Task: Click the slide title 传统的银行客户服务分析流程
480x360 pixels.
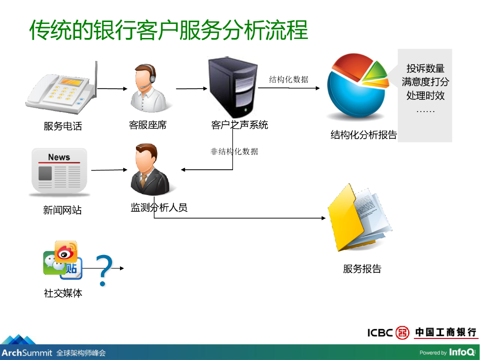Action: [x=169, y=30]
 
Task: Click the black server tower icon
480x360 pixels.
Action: [x=233, y=87]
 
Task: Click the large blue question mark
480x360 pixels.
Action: [x=104, y=270]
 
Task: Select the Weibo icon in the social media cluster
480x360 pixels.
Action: [x=66, y=252]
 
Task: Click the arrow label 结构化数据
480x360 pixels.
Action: [x=289, y=79]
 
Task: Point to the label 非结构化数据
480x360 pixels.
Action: [x=234, y=151]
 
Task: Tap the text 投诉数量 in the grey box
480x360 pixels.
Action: [x=425, y=68]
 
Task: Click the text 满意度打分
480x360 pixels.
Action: [x=425, y=82]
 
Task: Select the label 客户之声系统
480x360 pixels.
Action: [x=240, y=125]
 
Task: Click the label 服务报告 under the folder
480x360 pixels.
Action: [x=362, y=269]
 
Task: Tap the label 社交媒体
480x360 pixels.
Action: [x=63, y=293]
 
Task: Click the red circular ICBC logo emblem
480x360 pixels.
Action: [x=402, y=332]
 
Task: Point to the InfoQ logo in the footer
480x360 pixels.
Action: [x=462, y=352]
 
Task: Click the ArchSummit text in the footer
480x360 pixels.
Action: [x=27, y=352]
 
